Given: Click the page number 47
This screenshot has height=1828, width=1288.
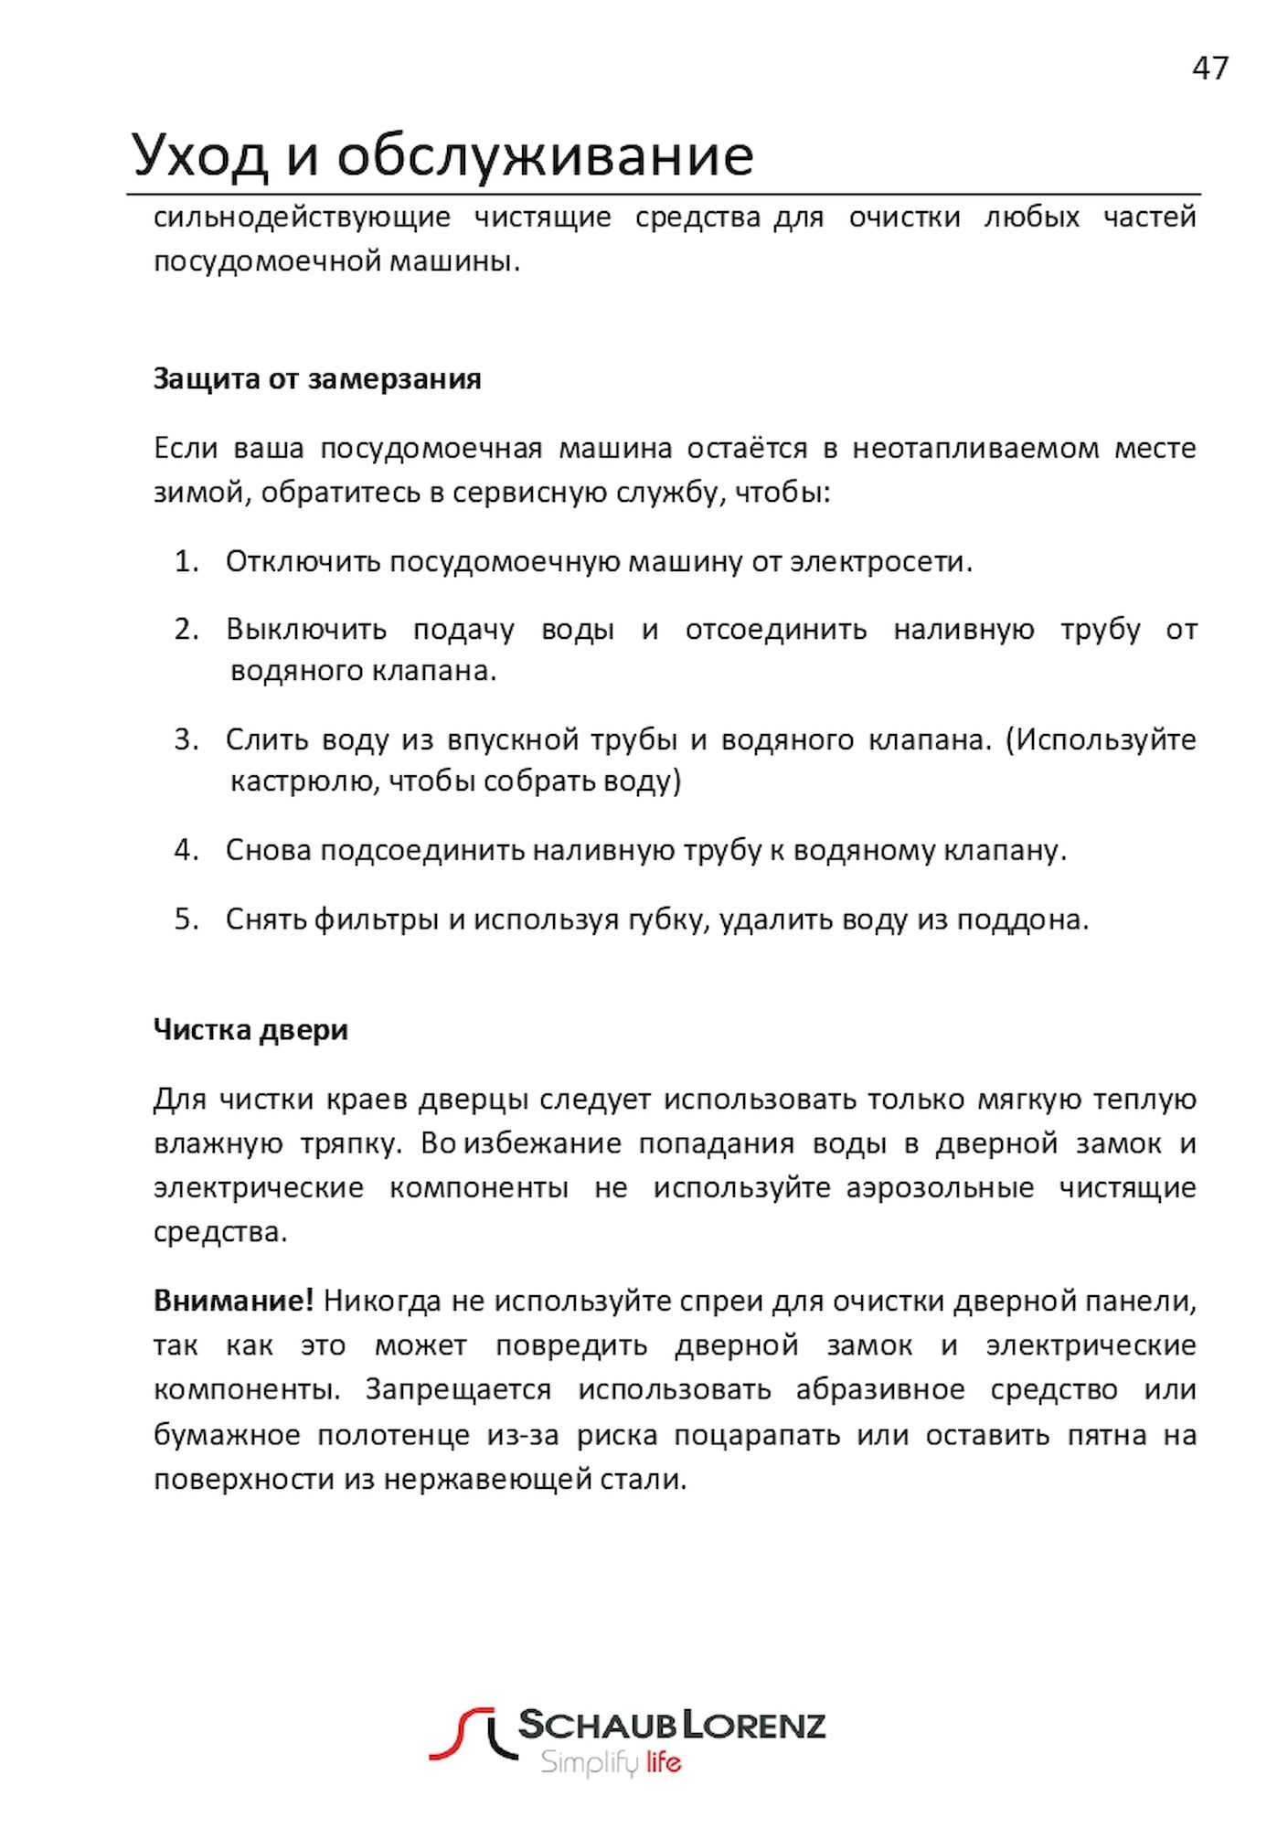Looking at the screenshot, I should [1209, 69].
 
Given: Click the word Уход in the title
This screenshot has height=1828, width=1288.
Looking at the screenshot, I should [199, 155].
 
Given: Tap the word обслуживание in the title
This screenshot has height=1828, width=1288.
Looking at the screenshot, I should [545, 155].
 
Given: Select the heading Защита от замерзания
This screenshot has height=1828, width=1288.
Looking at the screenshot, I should [316, 378].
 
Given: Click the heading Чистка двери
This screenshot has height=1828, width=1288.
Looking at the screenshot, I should [250, 1029].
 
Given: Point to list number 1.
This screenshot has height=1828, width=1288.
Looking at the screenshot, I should [186, 561].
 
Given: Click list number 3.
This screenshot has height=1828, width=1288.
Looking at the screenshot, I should [186, 739].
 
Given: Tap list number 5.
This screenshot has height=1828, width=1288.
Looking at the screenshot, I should [186, 919].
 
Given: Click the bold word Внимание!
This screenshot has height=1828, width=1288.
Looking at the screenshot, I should [233, 1300].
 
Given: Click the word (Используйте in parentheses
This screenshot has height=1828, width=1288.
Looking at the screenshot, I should [1101, 739].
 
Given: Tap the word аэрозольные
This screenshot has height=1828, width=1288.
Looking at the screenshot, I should [940, 1188].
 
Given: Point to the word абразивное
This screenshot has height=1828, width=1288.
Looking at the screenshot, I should [879, 1389].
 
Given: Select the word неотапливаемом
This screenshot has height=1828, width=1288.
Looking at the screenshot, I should [975, 448].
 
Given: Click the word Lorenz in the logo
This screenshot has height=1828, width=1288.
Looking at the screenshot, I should [755, 1725].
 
